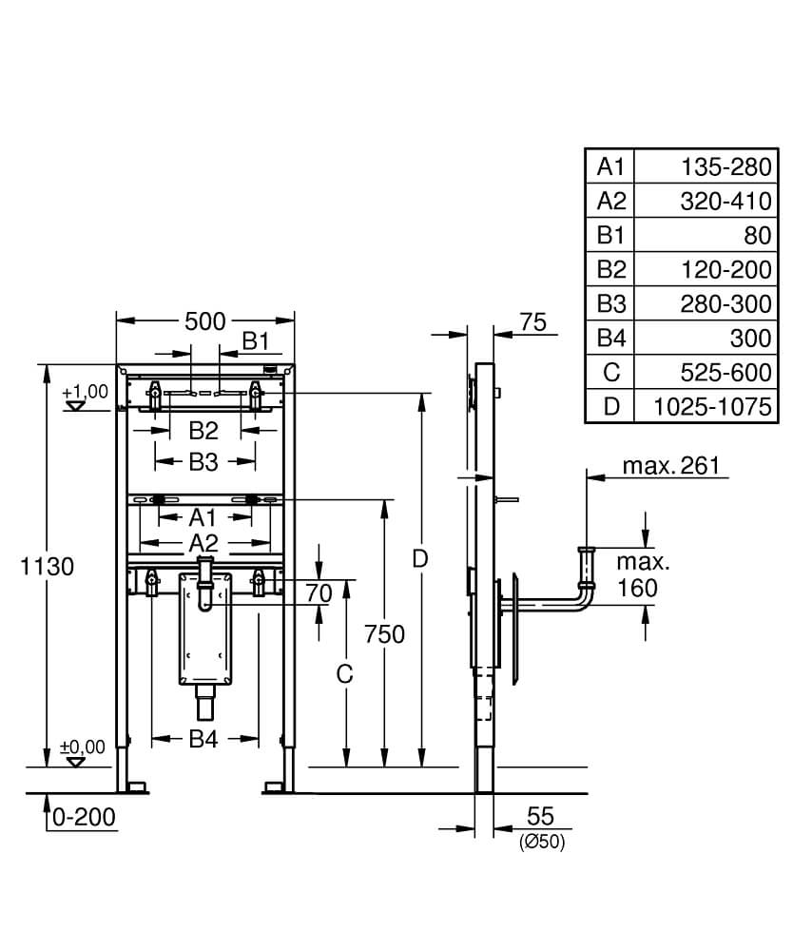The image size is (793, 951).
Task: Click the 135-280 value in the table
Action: (x=724, y=166)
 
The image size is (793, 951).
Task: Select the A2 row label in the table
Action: (x=609, y=201)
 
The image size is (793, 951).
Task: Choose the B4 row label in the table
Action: (x=609, y=338)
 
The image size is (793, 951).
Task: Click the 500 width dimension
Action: (x=204, y=321)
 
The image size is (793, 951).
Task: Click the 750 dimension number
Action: (x=385, y=634)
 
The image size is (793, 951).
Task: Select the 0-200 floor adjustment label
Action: (x=85, y=816)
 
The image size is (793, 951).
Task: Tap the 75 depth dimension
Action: (x=533, y=322)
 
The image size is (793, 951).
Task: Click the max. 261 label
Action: (x=671, y=465)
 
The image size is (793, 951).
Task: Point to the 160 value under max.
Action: (x=636, y=589)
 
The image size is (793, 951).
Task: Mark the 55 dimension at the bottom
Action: (x=539, y=816)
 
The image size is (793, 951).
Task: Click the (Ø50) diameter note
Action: (x=541, y=842)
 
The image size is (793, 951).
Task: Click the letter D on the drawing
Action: (x=421, y=560)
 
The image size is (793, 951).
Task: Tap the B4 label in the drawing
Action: (x=203, y=738)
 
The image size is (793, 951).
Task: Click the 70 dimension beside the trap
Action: (x=319, y=593)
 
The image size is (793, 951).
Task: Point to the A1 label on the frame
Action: (x=203, y=518)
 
